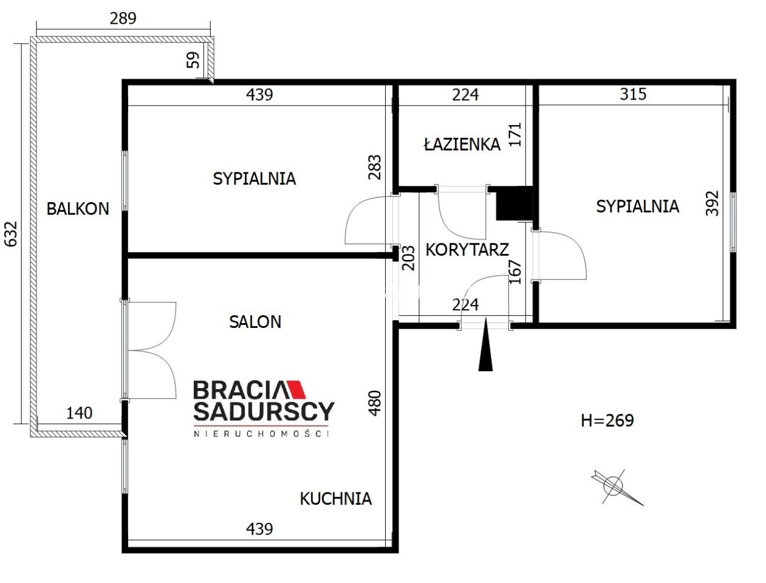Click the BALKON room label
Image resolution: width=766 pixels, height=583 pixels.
pyautogui.click(x=78, y=209)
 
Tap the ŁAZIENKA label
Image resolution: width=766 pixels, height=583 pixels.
pyautogui.click(x=462, y=144)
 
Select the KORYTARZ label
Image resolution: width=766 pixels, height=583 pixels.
pyautogui.click(x=467, y=250)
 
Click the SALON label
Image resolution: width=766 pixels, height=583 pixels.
pyautogui.click(x=255, y=322)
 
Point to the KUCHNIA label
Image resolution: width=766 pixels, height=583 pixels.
pyautogui.click(x=336, y=499)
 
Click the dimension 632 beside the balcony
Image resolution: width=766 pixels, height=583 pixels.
pyautogui.click(x=11, y=234)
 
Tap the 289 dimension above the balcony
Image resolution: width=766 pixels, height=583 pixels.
pyautogui.click(x=123, y=18)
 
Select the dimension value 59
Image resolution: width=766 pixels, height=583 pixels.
pyautogui.click(x=193, y=60)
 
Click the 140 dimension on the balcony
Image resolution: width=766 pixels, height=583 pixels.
pyautogui.click(x=79, y=413)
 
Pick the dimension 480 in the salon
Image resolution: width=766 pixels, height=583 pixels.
pyautogui.click(x=375, y=403)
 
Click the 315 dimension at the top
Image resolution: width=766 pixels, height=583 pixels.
pyautogui.click(x=633, y=94)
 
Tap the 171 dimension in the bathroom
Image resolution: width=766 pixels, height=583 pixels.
pyautogui.click(x=516, y=134)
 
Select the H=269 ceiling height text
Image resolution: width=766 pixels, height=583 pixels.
pyautogui.click(x=607, y=420)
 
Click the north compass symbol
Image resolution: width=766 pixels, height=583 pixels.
pyautogui.click(x=617, y=487)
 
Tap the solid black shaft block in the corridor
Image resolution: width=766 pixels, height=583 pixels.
pyautogui.click(x=514, y=203)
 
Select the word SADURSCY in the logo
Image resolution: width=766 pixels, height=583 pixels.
pyautogui.click(x=264, y=412)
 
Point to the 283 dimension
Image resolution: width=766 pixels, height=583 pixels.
pyautogui.click(x=375, y=167)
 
